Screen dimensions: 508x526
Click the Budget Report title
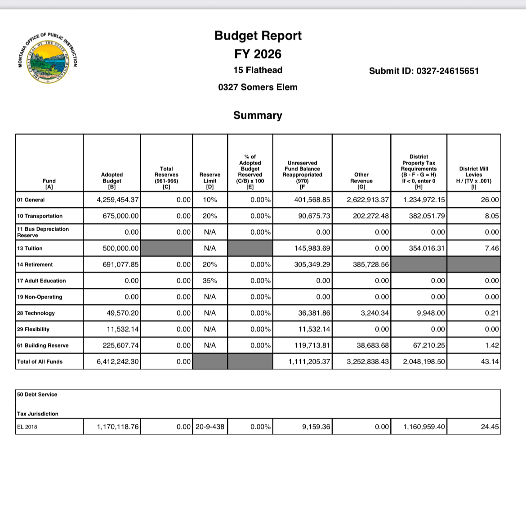pos(258,36)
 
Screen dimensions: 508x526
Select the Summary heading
pos(258,116)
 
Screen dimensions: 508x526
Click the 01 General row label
pos(31,200)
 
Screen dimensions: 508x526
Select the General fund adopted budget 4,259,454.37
pos(118,200)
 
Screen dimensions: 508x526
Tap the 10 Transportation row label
pos(40,216)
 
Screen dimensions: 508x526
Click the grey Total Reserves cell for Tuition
pos(166,248)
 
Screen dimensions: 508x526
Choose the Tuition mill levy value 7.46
pos(492,248)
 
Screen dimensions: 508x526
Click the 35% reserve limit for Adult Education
pos(210,281)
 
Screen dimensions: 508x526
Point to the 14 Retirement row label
pos(35,265)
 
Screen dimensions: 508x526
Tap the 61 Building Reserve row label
pos(43,346)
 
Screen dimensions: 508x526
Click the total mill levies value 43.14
pos(490,362)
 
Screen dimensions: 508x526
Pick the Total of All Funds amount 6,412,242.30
pos(118,362)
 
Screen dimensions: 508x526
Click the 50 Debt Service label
pos(37,395)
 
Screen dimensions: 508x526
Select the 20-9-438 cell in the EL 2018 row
pos(210,427)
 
